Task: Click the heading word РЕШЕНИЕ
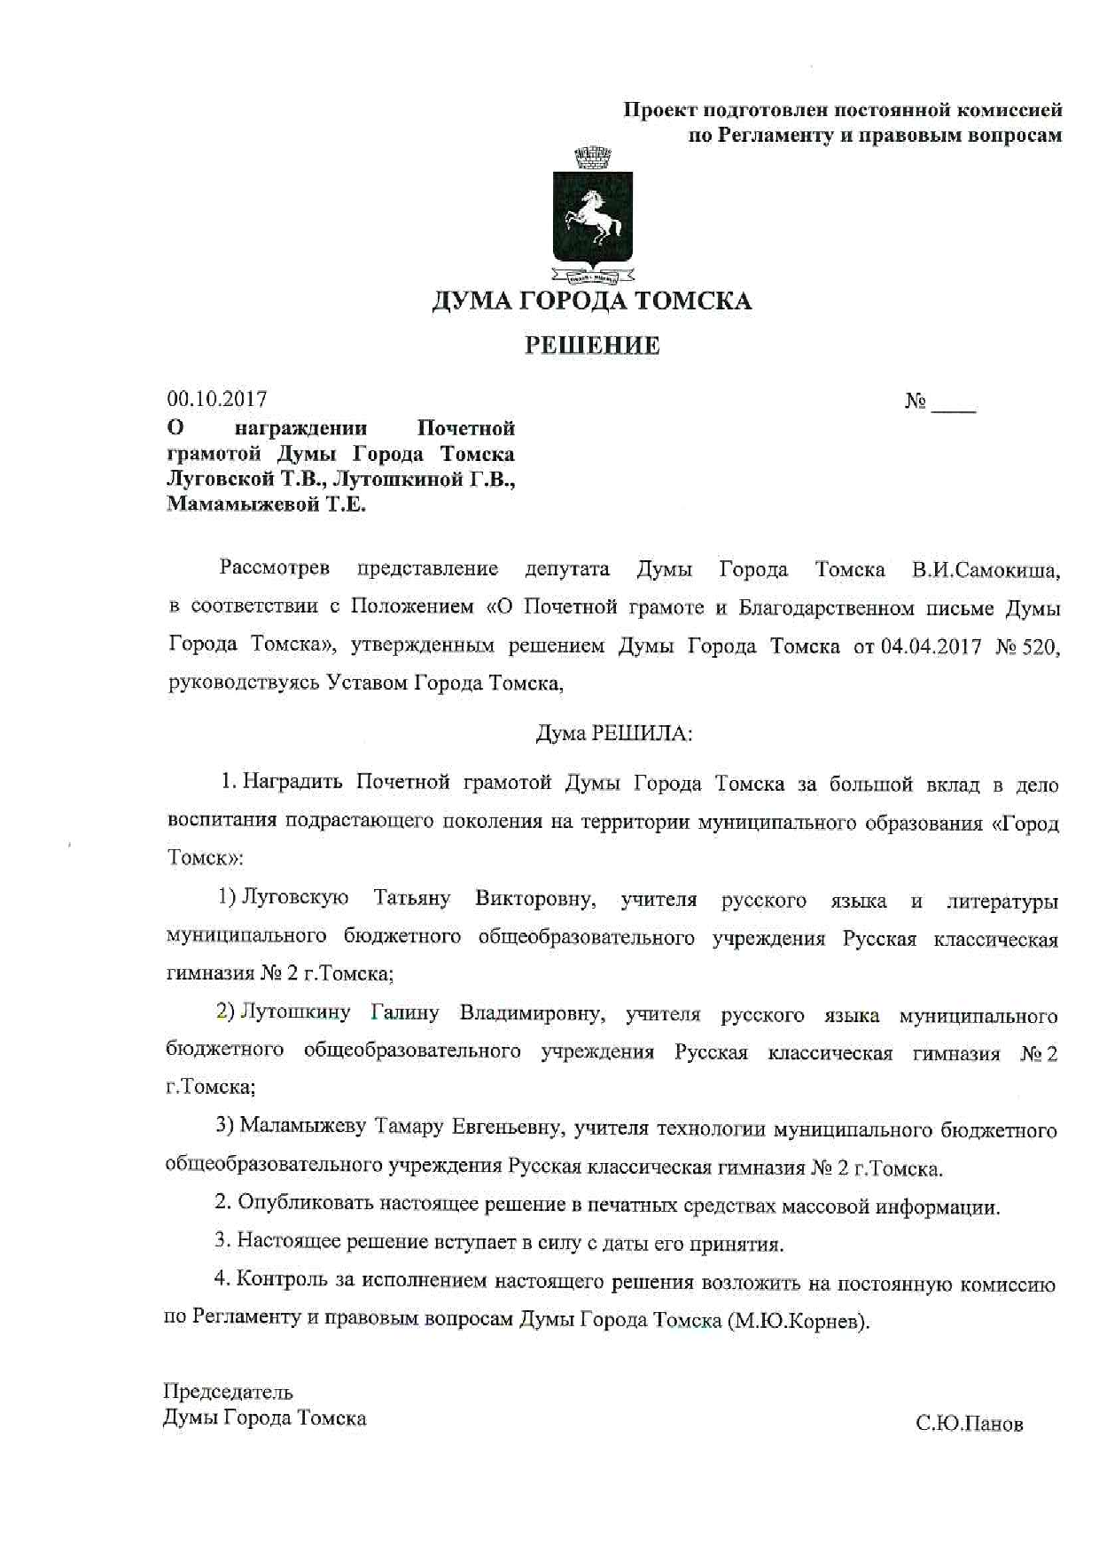(592, 345)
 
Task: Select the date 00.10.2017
(217, 399)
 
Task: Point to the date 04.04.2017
(931, 646)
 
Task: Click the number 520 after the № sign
(1038, 646)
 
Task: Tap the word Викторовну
(534, 899)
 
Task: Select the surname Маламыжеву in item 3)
(303, 1128)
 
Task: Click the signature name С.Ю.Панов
(969, 1425)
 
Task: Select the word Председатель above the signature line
(228, 1392)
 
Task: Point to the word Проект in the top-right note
(659, 110)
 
